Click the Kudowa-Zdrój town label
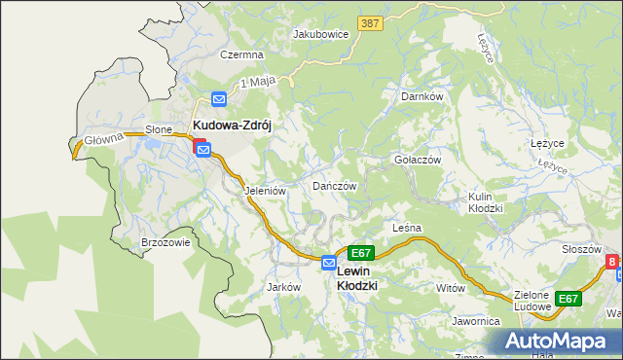[x=237, y=126]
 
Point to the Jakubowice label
[x=320, y=33]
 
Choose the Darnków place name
[x=422, y=96]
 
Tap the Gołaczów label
[x=418, y=160]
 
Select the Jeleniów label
[x=265, y=191]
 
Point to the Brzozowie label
[x=165, y=242]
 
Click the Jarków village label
[x=282, y=287]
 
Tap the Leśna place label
[x=405, y=228]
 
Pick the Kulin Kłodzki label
[x=485, y=202]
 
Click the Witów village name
[x=451, y=288]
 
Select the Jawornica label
[x=475, y=320]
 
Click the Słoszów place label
[x=581, y=249]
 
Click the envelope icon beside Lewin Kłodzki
[x=329, y=263]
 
